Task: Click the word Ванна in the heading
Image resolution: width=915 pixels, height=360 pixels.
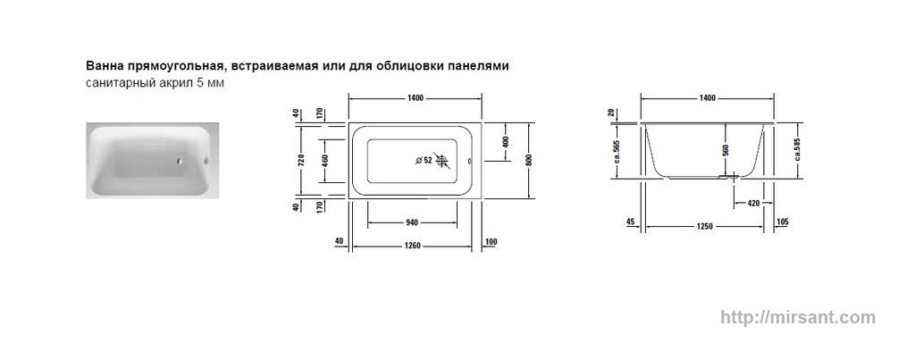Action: point(103,66)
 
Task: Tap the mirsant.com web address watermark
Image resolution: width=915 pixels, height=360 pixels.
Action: point(798,317)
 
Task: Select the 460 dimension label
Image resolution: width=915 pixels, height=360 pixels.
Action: point(325,160)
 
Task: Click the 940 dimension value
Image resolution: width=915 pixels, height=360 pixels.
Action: point(412,222)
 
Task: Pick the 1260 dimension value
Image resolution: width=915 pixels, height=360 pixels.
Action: point(412,246)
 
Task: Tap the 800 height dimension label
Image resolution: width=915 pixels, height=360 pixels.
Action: point(530,160)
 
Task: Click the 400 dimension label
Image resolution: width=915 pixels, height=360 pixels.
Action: point(506,142)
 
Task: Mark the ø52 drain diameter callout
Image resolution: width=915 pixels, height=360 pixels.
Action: point(424,161)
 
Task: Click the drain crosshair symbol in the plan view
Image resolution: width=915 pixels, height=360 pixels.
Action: point(443,161)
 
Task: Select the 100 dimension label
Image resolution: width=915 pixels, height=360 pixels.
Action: point(491,241)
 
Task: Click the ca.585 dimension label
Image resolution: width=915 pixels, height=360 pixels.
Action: point(798,151)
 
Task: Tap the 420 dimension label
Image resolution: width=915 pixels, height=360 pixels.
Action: point(753,204)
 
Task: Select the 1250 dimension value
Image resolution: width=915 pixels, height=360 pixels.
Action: point(704,226)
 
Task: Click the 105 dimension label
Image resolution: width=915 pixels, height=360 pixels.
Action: point(783,222)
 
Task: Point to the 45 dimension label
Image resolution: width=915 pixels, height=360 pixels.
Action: point(630,222)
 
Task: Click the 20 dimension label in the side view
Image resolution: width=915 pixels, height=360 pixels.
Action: point(611,113)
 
